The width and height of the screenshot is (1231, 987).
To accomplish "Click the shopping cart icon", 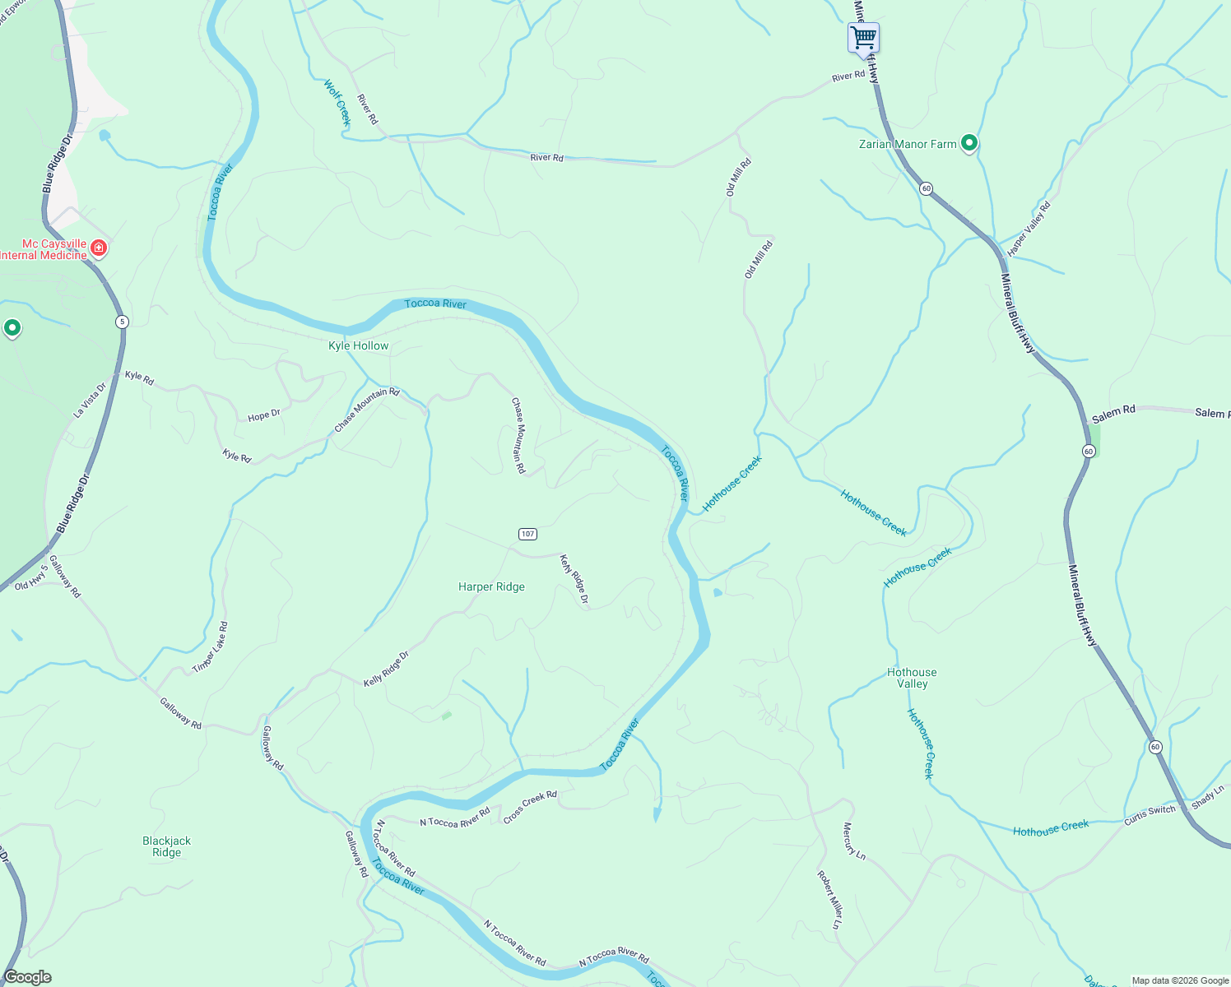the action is click(x=863, y=37).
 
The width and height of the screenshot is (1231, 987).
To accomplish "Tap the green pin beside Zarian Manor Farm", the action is click(x=969, y=143).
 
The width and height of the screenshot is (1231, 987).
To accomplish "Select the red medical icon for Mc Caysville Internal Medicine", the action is click(x=99, y=248).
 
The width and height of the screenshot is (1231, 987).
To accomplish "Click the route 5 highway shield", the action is click(x=122, y=322).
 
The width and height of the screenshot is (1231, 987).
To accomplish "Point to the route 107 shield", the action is click(x=527, y=534).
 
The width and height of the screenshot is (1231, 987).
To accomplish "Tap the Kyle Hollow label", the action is click(x=358, y=345).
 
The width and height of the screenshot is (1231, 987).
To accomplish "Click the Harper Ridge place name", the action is click(x=491, y=586).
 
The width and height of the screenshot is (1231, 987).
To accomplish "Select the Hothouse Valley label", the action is click(x=912, y=678).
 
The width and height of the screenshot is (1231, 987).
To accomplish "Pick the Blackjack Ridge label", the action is click(x=166, y=846).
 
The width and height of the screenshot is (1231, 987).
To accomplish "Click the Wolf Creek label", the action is click(x=337, y=102).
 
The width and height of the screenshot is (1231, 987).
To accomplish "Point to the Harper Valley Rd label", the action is click(x=1029, y=229).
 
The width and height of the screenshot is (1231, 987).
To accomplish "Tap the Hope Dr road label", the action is click(x=264, y=416).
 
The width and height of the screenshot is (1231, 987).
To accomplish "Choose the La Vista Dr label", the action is click(x=90, y=400).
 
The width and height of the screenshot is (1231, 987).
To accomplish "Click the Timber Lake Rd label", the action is click(x=211, y=648).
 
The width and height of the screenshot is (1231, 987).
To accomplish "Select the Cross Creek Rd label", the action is click(x=530, y=807).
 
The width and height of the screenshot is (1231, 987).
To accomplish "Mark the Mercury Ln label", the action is click(x=854, y=841).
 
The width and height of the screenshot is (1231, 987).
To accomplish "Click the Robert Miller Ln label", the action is click(x=829, y=900).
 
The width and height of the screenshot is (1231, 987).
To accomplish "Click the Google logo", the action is click(x=28, y=977).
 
